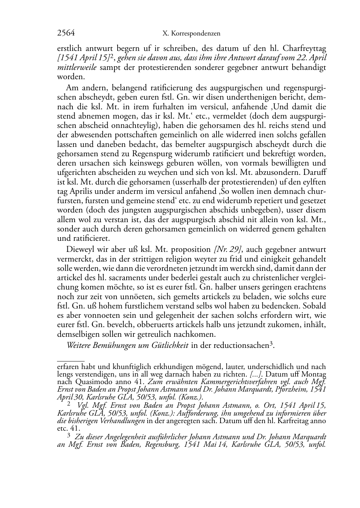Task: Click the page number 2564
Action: [x=66, y=33]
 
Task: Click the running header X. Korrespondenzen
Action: [x=191, y=34]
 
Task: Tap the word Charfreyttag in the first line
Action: [x=305, y=48]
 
